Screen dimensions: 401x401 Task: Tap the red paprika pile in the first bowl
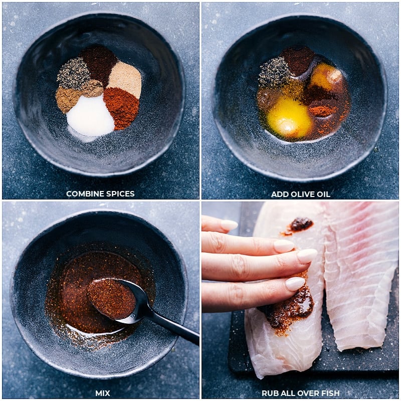122,107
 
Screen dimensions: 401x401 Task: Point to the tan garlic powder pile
125,79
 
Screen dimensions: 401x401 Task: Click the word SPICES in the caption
119,194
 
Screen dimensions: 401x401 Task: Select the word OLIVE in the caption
299,194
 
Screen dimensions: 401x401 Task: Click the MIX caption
103,393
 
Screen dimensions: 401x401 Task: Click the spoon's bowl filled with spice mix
111,298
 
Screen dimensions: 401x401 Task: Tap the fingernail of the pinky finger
295,284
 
